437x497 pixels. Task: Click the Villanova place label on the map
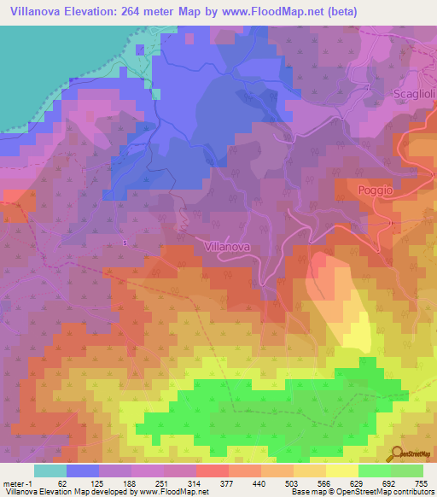coord(228,246)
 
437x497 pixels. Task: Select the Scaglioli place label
coord(412,93)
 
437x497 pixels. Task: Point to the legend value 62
coord(60,483)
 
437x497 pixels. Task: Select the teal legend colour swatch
coord(50,471)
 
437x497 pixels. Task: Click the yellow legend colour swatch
coord(341,471)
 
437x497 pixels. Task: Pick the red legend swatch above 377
coord(212,471)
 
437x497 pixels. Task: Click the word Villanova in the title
coord(34,11)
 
